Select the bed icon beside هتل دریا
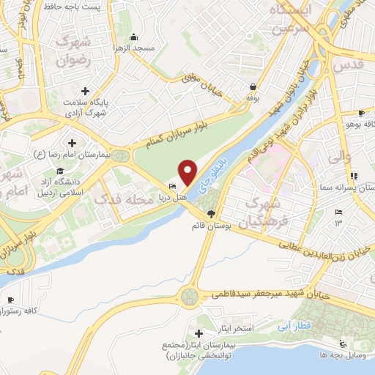[x=172, y=186]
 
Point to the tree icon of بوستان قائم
[x=212, y=214]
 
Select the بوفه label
[x=253, y=97]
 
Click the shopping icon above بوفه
[x=252, y=86]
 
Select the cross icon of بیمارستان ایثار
[x=198, y=334]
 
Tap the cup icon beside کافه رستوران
[x=11, y=301]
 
